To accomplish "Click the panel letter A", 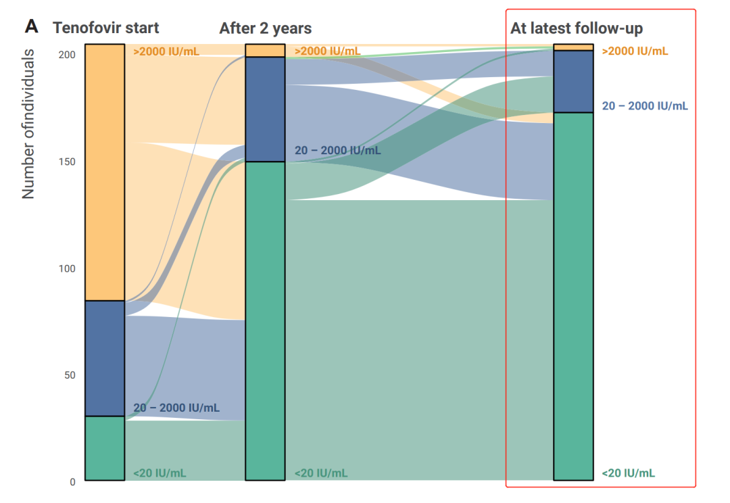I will pyautogui.click(x=32, y=28).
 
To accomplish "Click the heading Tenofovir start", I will pyautogui.click(x=106, y=28).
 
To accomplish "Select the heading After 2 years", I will pyautogui.click(x=265, y=28).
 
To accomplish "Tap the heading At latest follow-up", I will pyautogui.click(x=576, y=28).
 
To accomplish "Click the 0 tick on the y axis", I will pyautogui.click(x=72, y=482).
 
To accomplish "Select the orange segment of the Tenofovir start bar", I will pyautogui.click(x=105, y=172).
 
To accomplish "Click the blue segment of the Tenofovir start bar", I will pyautogui.click(x=105, y=358).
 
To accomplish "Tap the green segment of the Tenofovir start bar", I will pyautogui.click(x=105, y=448).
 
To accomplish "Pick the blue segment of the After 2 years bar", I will pyautogui.click(x=265, y=110).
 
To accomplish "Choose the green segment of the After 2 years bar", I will pyautogui.click(x=265, y=321).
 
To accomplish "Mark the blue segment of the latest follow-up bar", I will pyautogui.click(x=573, y=82).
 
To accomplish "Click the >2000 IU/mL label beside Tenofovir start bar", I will pyautogui.click(x=166, y=51).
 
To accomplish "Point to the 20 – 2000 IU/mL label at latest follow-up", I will pyautogui.click(x=645, y=106).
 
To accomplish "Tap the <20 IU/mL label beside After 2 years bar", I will pyautogui.click(x=321, y=473).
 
